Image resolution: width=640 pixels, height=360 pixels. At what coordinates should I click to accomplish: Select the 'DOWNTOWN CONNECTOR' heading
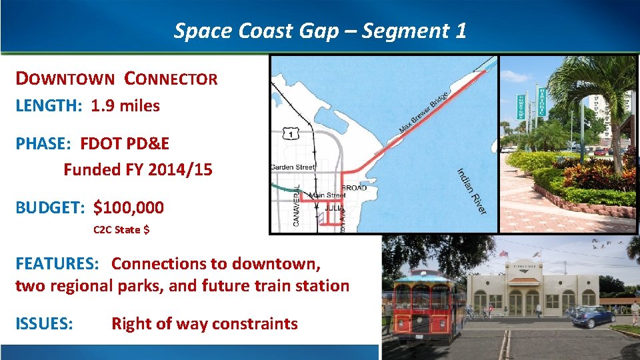click(x=117, y=79)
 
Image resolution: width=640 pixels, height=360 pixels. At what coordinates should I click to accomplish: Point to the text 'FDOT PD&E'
click(x=125, y=143)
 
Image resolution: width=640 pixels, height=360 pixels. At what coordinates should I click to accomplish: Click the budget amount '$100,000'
click(x=129, y=207)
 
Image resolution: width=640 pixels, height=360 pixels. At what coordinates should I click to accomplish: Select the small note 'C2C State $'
click(x=121, y=230)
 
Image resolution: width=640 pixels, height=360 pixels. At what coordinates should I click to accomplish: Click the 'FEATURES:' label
click(x=57, y=263)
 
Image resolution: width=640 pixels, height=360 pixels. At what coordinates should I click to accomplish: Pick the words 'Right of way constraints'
click(x=204, y=324)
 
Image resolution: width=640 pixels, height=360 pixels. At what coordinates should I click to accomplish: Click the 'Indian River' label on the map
click(x=471, y=191)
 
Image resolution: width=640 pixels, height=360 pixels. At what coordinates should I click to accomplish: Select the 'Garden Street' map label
click(x=293, y=167)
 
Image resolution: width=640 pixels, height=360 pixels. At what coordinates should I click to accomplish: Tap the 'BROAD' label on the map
click(x=354, y=188)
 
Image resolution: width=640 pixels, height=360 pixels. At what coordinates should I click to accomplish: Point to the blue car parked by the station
click(x=593, y=315)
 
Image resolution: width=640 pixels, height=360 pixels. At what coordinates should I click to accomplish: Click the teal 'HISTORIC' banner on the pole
click(x=542, y=102)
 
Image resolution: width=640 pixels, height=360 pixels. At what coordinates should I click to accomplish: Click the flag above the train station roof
click(x=504, y=254)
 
